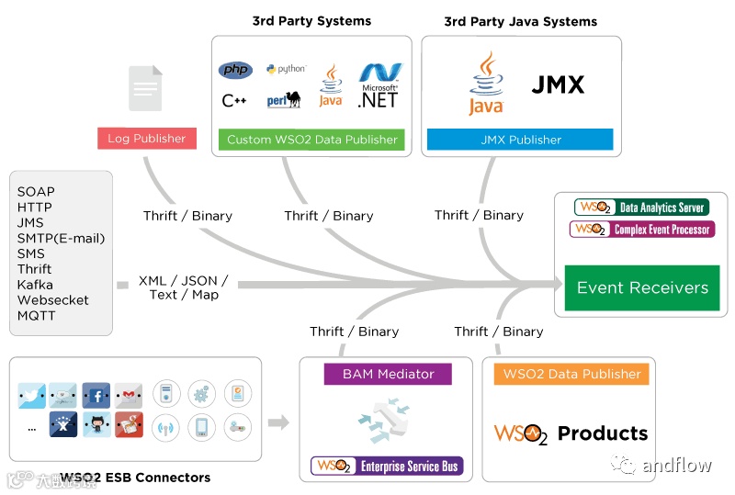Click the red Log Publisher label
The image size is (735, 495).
147,139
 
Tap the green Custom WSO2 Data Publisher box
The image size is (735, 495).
312,140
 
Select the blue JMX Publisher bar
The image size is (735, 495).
520,140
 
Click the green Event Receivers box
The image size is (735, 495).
642,287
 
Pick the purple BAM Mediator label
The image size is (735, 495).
389,374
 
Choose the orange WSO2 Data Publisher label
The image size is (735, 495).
571,374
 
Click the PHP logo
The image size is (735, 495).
235,71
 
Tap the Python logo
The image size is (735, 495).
286,69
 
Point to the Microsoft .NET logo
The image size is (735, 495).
379,84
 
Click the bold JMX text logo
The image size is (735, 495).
558,85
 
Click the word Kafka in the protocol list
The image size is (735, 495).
35,285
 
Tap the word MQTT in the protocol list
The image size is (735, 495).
37,316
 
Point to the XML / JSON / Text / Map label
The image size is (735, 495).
183,287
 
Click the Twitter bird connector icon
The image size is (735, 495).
31,396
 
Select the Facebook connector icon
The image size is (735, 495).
96,396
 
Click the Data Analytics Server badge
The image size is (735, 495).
641,208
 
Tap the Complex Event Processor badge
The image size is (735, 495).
641,229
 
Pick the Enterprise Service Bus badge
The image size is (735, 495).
387,467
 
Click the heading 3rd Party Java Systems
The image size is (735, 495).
520,21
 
